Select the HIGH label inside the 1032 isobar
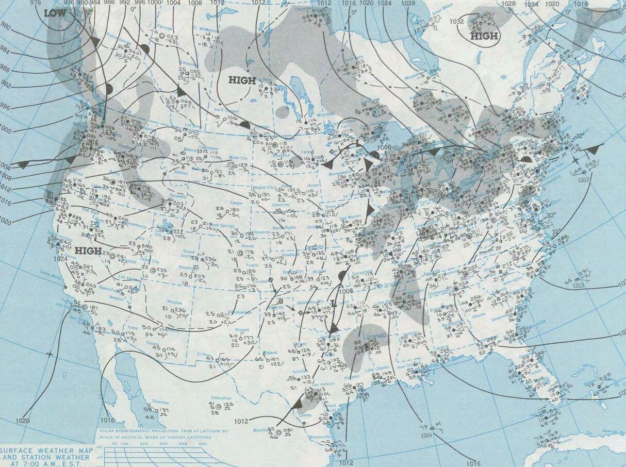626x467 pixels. (x=484, y=36)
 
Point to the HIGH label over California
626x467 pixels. (x=88, y=251)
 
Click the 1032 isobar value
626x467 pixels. (x=456, y=22)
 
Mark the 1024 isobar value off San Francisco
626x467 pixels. (x=60, y=259)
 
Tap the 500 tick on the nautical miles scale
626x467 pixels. (x=202, y=443)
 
